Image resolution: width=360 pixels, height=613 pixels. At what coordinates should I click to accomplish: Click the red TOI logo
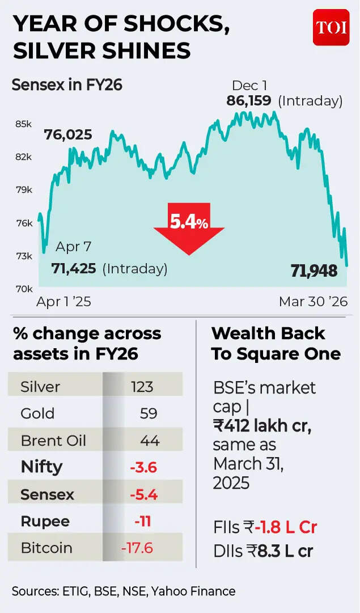point(331,27)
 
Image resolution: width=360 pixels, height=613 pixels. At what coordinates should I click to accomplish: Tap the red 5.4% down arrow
point(189,226)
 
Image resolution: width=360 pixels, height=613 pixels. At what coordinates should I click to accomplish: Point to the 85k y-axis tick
point(23,124)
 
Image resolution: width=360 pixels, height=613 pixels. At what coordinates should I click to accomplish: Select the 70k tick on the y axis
point(23,289)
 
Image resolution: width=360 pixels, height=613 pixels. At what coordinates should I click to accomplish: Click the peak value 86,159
point(250,101)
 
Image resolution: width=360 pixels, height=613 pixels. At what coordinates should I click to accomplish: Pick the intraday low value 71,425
point(74,268)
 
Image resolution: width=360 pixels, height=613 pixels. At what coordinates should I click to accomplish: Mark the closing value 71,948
point(314,271)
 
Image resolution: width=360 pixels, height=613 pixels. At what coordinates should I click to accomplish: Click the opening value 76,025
point(68,135)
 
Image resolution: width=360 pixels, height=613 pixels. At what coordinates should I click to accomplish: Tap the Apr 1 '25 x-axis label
point(63,302)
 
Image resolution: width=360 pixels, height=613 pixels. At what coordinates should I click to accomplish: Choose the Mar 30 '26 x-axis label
point(313,302)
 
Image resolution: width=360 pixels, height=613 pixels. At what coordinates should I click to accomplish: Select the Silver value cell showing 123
point(142,387)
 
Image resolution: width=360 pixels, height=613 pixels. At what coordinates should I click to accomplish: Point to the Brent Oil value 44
point(150,441)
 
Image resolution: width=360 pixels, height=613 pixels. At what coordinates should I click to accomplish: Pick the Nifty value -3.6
point(143,468)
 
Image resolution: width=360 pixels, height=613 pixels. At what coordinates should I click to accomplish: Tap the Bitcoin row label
point(46,548)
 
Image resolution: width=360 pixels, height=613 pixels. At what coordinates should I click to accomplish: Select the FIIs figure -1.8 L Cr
point(285,527)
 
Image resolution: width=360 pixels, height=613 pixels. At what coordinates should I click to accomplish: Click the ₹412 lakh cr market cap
point(262,426)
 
